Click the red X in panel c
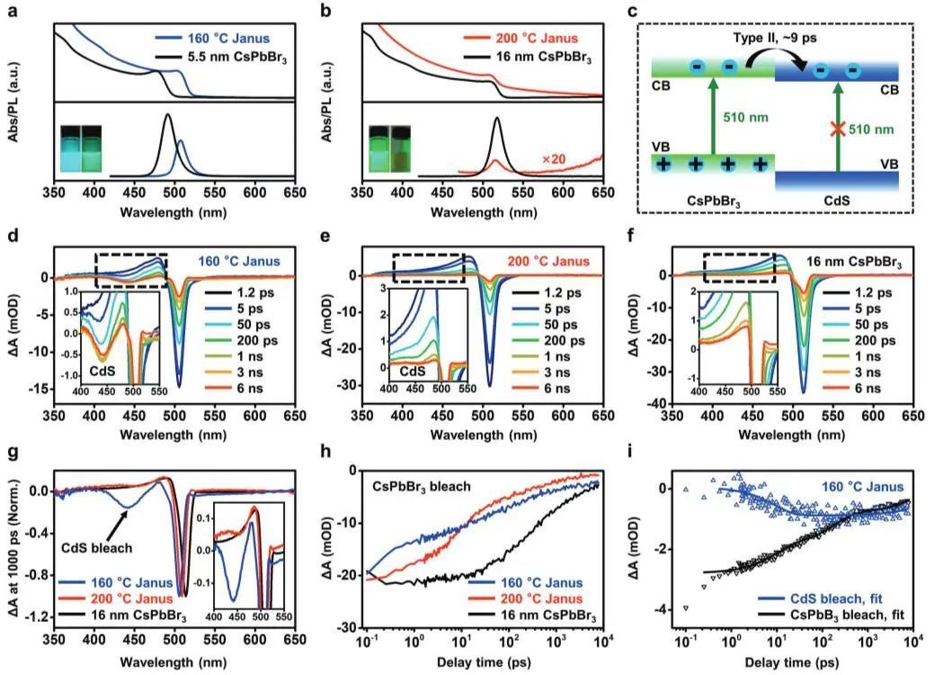point(837,130)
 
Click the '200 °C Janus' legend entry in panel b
point(536,40)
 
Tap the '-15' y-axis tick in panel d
point(40,389)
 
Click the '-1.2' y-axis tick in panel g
point(35,618)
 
